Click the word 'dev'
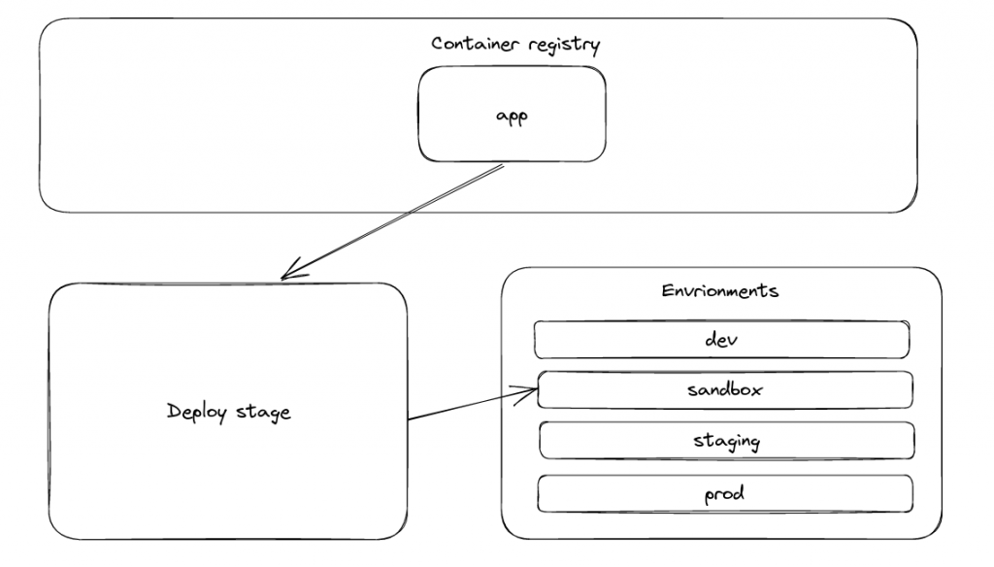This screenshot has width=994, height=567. (x=721, y=340)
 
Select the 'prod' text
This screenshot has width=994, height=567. (x=724, y=493)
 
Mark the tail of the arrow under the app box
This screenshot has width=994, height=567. (x=502, y=167)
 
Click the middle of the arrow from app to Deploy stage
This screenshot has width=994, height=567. (x=391, y=222)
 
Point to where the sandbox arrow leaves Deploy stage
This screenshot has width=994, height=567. (x=409, y=420)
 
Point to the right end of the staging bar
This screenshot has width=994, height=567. (x=911, y=440)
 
